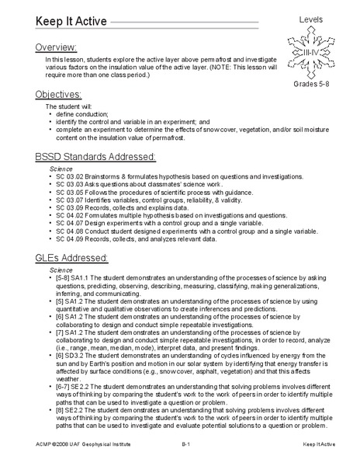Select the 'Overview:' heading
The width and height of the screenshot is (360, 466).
[x=57, y=47]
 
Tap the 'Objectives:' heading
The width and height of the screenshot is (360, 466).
[x=59, y=94]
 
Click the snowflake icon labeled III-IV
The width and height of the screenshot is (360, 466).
[x=310, y=50]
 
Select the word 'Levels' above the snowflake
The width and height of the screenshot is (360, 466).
[x=310, y=17]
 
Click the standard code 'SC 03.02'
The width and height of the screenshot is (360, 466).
[x=72, y=177]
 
